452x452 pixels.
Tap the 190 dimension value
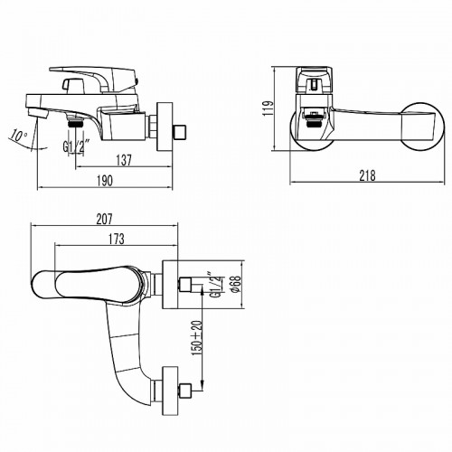click(x=105, y=182)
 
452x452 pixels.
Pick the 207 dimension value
click(x=104, y=218)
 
